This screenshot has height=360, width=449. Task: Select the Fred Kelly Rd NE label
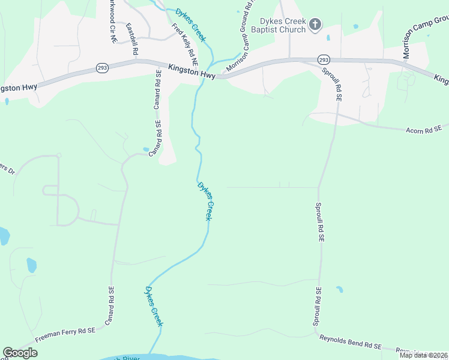(x=184, y=44)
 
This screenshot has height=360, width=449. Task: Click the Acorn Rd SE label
(x=424, y=130)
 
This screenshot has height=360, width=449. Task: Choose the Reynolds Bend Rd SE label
(x=350, y=343)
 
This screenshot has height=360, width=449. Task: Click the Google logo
(x=20, y=353)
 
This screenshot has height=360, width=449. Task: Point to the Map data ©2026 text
(x=424, y=355)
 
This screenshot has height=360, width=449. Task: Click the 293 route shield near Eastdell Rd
(x=100, y=69)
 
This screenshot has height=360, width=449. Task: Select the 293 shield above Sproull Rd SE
(x=324, y=60)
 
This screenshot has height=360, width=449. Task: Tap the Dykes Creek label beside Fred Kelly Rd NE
(x=191, y=25)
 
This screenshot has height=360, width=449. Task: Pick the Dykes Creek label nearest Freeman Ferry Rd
(x=152, y=305)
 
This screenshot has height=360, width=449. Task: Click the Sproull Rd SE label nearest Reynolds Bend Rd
(x=318, y=307)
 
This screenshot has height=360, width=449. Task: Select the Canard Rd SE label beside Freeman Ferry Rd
(x=110, y=307)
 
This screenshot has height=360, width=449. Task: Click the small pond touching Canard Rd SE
(x=146, y=149)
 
